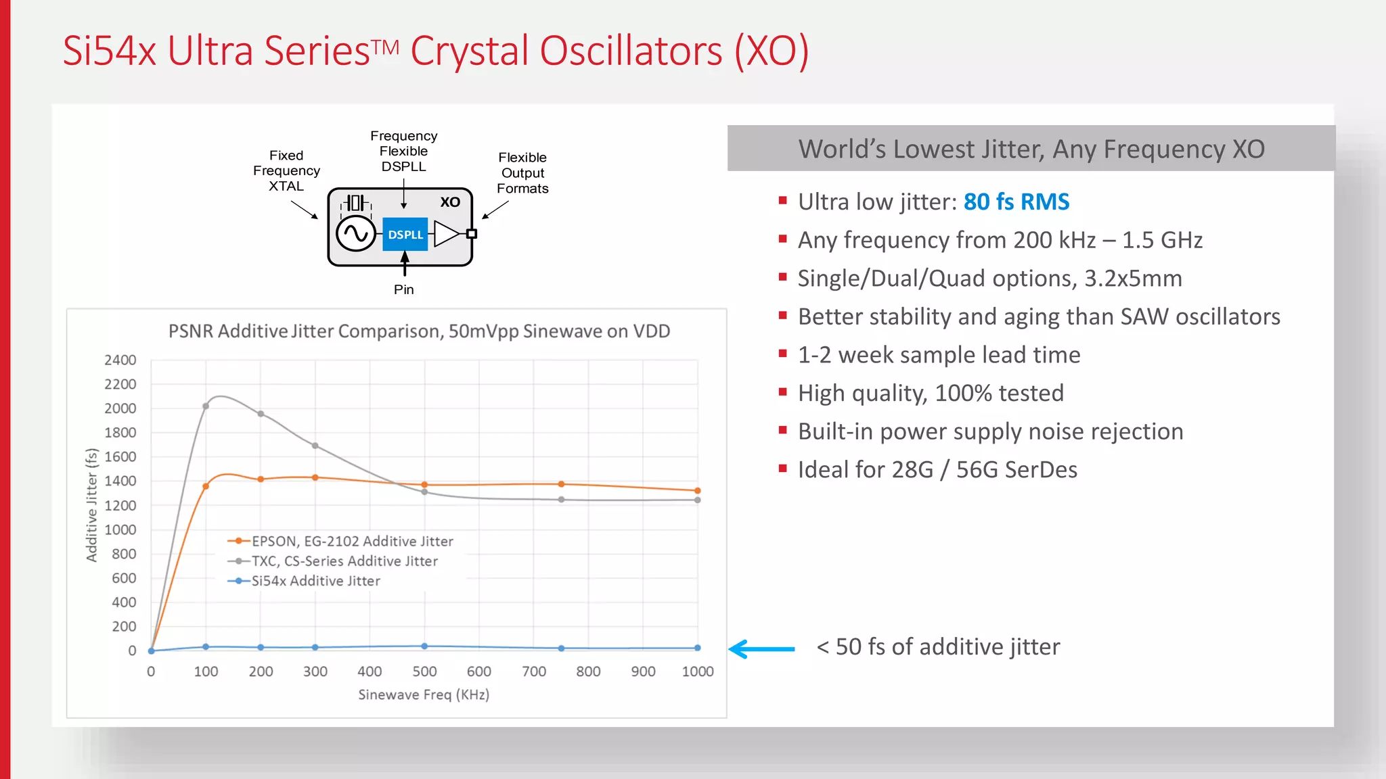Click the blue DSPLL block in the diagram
pos(405,234)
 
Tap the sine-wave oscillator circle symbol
pos(355,234)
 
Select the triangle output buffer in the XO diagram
pos(446,234)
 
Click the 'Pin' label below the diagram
pos(404,289)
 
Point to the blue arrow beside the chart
pos(761,648)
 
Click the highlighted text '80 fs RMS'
pos(1016,202)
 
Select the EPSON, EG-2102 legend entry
pos(341,541)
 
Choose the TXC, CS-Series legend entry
pos(333,561)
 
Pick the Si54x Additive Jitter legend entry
pos(305,581)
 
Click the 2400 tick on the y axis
pos(120,360)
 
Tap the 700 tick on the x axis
pos(534,671)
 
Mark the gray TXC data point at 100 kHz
pos(206,406)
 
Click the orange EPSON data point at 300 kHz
pos(315,477)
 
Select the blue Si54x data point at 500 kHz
pos(424,646)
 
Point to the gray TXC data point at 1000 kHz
pos(698,500)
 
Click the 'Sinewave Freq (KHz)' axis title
pos(424,694)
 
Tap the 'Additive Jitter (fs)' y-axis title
pos(91,505)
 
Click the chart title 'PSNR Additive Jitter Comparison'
pos(419,331)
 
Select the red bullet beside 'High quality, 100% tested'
pos(783,392)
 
